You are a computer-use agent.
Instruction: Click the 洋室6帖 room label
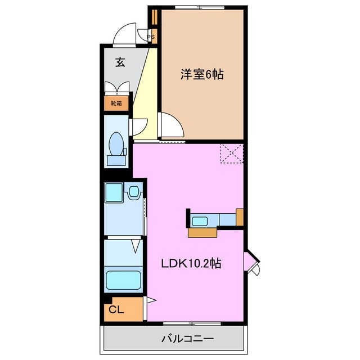[x=202, y=74]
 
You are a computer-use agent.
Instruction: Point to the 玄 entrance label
[x=120, y=62]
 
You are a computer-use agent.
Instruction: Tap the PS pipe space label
[x=151, y=38]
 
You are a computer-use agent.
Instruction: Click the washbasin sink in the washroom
[x=134, y=193]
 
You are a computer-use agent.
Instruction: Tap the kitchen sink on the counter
[x=200, y=220]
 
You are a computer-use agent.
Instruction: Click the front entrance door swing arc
[x=124, y=35]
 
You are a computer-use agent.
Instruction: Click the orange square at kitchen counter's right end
[x=240, y=216]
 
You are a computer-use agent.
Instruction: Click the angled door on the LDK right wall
[x=253, y=262]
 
